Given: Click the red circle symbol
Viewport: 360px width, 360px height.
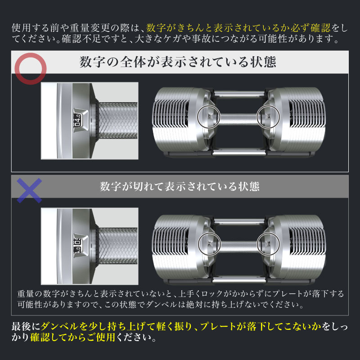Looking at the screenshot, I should tap(31, 68).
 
